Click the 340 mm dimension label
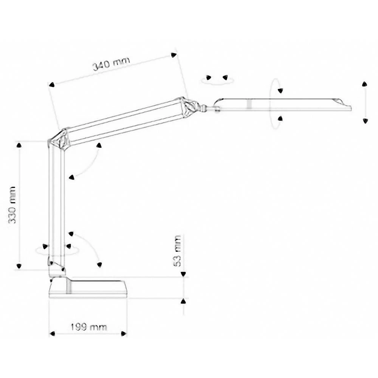111,64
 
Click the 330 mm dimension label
13,205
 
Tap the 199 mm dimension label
88,327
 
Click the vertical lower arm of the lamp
57,204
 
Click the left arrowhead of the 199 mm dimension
53,333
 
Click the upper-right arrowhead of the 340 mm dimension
174,55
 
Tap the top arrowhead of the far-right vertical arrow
365,84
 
